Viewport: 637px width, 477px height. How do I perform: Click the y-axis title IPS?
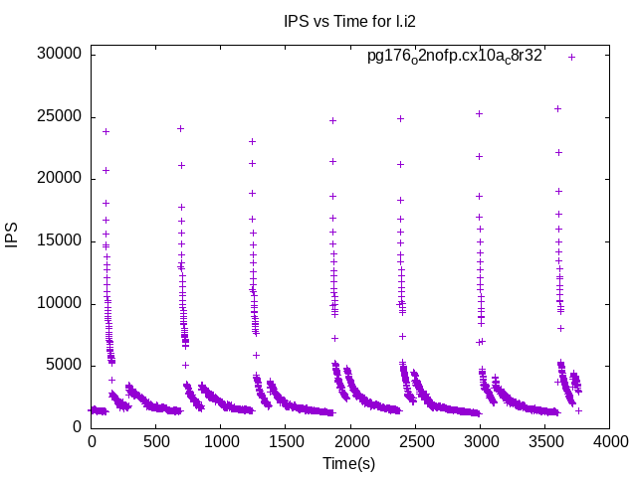[13, 236]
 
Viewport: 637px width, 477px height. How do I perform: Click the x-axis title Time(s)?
[349, 463]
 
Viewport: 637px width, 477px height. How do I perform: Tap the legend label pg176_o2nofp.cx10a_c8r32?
[455, 56]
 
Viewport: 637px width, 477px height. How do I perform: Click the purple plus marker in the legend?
[571, 57]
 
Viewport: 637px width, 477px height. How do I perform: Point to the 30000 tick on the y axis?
[59, 54]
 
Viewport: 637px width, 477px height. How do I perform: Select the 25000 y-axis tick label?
[59, 116]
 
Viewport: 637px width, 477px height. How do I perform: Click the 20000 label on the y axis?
[59, 178]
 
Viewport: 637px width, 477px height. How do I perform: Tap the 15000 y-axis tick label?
[59, 240]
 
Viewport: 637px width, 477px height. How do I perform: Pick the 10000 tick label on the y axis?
[59, 303]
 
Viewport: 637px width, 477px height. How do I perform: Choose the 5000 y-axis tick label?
[63, 365]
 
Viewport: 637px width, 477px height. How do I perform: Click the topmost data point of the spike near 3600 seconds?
[557, 108]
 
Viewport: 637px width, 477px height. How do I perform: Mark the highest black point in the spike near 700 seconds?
[180, 128]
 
